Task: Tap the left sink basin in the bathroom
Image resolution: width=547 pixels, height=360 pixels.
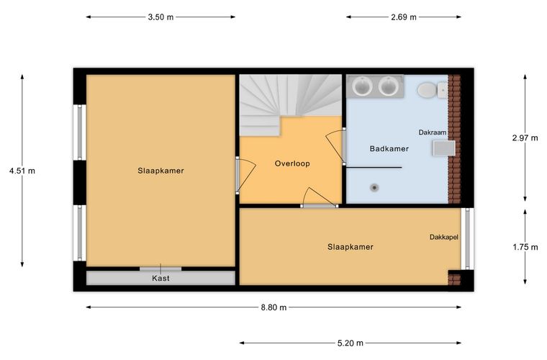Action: click(362, 86)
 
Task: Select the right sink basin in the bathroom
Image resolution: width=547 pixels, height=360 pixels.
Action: click(388, 86)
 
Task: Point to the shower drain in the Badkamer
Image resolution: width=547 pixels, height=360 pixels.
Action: click(375, 188)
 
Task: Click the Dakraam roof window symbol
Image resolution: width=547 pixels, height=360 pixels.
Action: click(444, 148)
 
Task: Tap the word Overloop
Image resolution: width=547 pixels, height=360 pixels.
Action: click(292, 163)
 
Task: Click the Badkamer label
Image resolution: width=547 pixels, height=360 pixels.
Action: click(389, 148)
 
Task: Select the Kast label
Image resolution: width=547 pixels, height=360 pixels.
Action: click(161, 279)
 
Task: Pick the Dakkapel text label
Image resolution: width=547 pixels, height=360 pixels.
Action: click(444, 237)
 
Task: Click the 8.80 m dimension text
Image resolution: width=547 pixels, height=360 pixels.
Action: click(273, 307)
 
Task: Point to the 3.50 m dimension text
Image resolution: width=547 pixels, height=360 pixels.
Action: click(161, 17)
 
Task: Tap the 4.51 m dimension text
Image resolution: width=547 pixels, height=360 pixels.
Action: click(22, 171)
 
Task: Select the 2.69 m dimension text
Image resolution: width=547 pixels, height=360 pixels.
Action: click(404, 17)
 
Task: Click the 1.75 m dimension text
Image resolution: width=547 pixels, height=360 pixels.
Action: click(525, 248)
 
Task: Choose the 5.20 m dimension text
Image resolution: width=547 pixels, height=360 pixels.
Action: click(351, 343)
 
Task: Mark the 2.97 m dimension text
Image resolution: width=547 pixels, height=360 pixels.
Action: click(525, 138)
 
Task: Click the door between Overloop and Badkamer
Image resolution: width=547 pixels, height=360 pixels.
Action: click(336, 146)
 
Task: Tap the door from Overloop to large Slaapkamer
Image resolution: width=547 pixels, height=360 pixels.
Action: click(246, 175)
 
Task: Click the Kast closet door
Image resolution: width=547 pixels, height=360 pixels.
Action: click(161, 269)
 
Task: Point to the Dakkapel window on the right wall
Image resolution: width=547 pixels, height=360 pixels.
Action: click(467, 239)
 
